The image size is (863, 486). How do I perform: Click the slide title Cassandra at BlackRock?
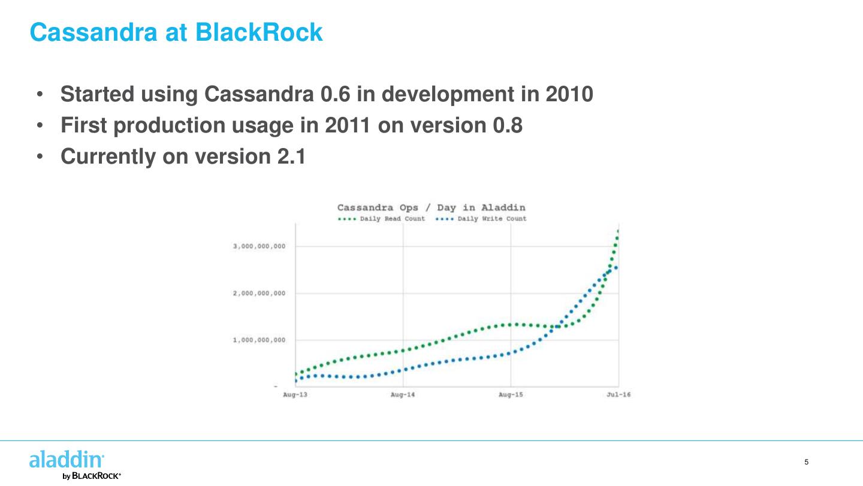pyautogui.click(x=176, y=32)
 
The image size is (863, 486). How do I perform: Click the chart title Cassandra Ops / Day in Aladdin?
pyautogui.click(x=431, y=208)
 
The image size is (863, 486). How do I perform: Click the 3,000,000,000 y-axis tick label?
pyautogui.click(x=259, y=246)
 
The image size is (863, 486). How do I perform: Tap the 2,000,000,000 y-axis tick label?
pyautogui.click(x=259, y=294)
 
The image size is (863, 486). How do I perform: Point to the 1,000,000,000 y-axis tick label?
pyautogui.click(x=259, y=340)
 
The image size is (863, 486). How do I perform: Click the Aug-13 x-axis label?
pyautogui.click(x=295, y=394)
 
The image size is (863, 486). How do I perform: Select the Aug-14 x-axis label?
pyautogui.click(x=403, y=394)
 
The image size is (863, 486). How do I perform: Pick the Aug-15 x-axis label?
pyautogui.click(x=511, y=394)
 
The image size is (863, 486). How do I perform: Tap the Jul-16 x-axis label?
pyautogui.click(x=618, y=394)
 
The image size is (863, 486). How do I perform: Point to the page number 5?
pyautogui.click(x=806, y=462)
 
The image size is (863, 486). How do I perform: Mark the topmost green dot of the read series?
pyautogui.click(x=618, y=231)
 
